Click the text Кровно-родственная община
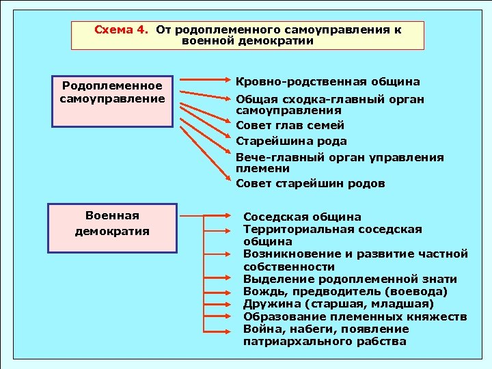(x=327, y=82)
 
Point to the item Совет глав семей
(x=290, y=125)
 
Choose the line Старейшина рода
(x=291, y=141)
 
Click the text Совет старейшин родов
(x=310, y=183)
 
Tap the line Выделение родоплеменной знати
(x=350, y=279)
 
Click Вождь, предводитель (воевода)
(x=346, y=292)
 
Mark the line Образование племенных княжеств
(x=355, y=316)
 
